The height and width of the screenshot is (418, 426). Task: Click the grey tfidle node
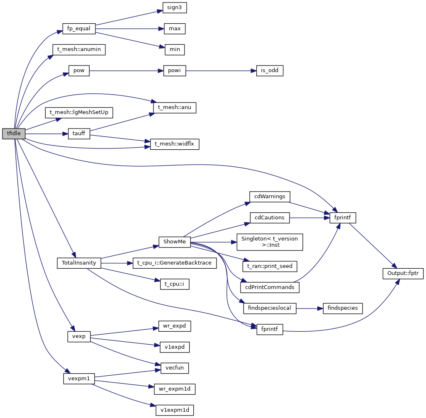click(x=14, y=134)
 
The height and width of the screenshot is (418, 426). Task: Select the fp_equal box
click(x=79, y=29)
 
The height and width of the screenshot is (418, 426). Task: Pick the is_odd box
click(x=270, y=71)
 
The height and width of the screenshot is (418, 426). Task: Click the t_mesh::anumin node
click(x=79, y=50)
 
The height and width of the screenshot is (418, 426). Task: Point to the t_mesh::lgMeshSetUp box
click(x=79, y=112)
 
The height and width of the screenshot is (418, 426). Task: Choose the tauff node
click(x=79, y=134)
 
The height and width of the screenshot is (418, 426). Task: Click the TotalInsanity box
click(x=79, y=263)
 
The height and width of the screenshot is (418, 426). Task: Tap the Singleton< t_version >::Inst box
click(x=270, y=242)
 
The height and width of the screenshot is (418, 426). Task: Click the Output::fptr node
click(x=403, y=274)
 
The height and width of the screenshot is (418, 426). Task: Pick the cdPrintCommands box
click(x=270, y=287)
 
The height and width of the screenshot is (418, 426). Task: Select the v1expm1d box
click(x=175, y=410)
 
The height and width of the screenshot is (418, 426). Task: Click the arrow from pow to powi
click(x=124, y=71)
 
